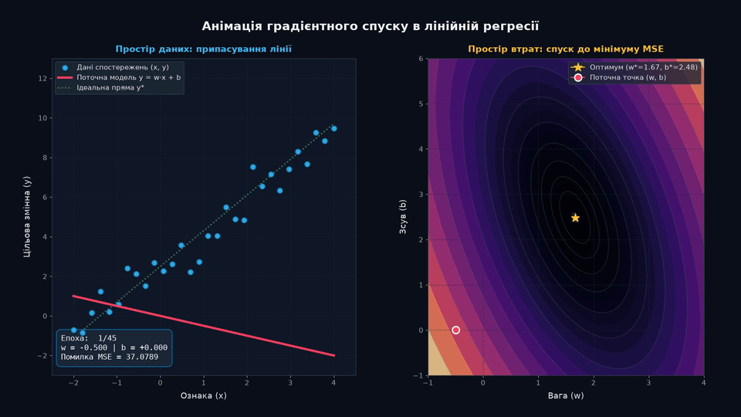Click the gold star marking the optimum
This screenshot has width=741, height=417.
pyautogui.click(x=575, y=218)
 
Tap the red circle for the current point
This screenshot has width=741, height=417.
pyautogui.click(x=455, y=330)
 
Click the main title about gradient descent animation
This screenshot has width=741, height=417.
pyautogui.click(x=370, y=26)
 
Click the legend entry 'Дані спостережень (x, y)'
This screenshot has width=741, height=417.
pyautogui.click(x=123, y=67)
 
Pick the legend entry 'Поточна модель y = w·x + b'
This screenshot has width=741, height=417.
pyautogui.click(x=129, y=77)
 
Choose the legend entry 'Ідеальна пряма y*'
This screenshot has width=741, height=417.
pyautogui.click(x=110, y=87)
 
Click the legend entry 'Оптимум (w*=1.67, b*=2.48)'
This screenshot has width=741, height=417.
pyautogui.click(x=643, y=67)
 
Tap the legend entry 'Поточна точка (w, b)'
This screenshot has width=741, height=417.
pyautogui.click(x=628, y=77)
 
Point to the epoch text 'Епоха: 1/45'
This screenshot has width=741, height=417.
pyautogui.click(x=88, y=338)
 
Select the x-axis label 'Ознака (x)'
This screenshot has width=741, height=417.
pyautogui.click(x=203, y=395)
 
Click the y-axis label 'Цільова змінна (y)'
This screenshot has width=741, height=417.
pyautogui.click(x=27, y=217)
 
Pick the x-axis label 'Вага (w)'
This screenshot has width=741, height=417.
pyautogui.click(x=566, y=395)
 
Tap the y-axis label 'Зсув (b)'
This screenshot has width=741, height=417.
pyautogui.click(x=403, y=217)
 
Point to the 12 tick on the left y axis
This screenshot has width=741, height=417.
pyautogui.click(x=42, y=79)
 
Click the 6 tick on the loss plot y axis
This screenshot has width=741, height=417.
pyautogui.click(x=421, y=59)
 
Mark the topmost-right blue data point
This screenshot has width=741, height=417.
pyautogui.click(x=334, y=129)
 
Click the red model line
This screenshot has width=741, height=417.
pyautogui.click(x=204, y=326)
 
